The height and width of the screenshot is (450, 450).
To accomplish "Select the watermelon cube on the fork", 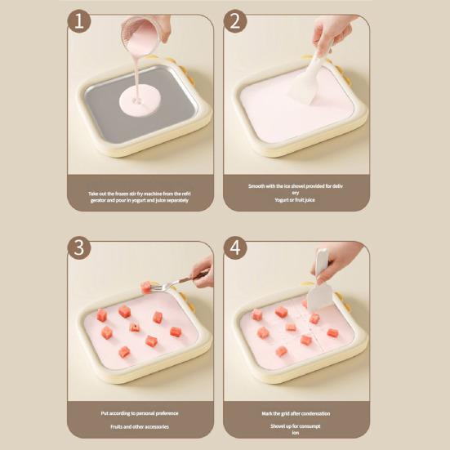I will (146, 287).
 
